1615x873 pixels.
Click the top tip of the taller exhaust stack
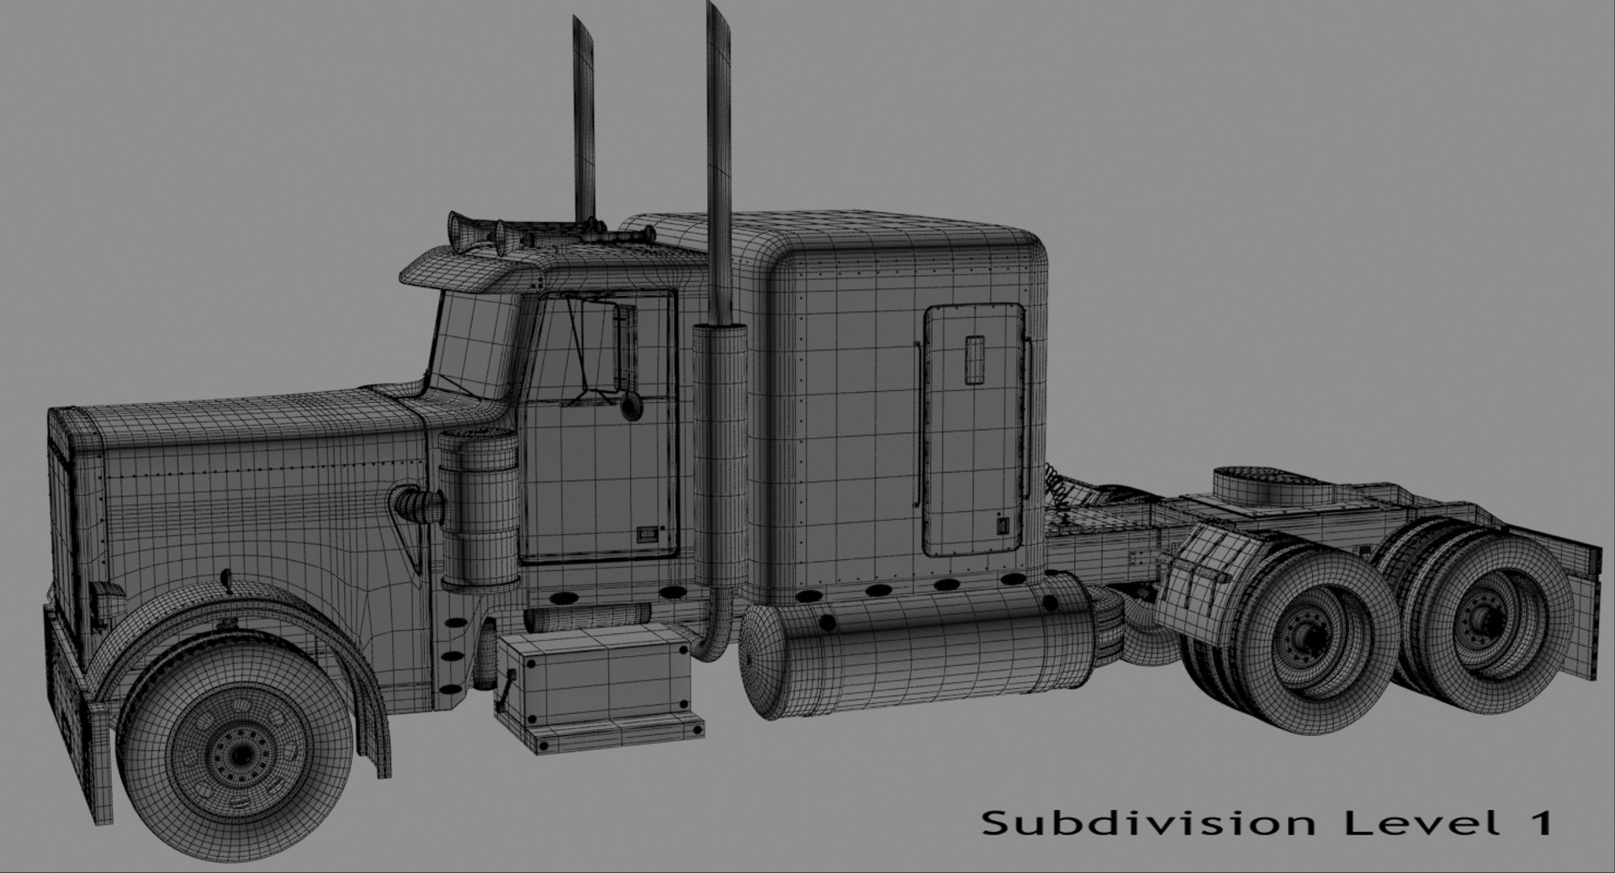pyautogui.click(x=717, y=8)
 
